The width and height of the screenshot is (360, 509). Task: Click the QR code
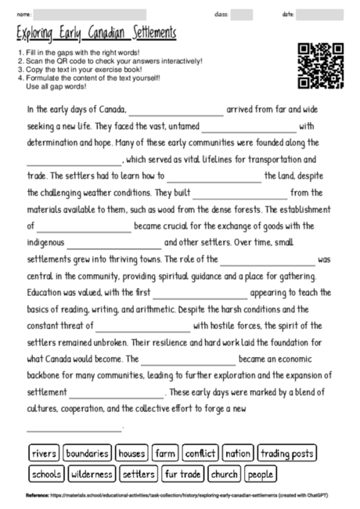(x=321, y=66)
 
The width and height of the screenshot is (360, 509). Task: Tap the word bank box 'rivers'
(x=45, y=453)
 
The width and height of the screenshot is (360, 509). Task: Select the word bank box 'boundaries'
(x=87, y=453)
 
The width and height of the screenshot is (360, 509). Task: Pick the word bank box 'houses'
(x=131, y=453)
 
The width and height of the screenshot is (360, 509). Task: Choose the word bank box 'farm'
(x=165, y=453)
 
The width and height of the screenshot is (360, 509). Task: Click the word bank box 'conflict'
(x=200, y=453)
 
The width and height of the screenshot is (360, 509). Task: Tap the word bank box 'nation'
(x=237, y=453)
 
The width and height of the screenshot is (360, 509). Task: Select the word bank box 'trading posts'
(x=287, y=453)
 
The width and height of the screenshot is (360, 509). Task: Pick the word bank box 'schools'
(x=47, y=474)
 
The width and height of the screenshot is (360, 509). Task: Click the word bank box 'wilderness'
(x=93, y=474)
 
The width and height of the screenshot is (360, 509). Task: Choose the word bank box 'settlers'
(x=139, y=474)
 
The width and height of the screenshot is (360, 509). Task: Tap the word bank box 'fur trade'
(x=183, y=474)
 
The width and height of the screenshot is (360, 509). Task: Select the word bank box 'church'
(x=225, y=474)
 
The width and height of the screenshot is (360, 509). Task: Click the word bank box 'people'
(x=261, y=474)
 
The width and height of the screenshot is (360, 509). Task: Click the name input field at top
(x=90, y=14)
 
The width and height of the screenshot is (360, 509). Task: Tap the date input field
(x=320, y=14)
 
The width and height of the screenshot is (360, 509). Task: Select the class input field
(x=242, y=14)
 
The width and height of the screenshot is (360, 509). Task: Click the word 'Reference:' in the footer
(x=38, y=496)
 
